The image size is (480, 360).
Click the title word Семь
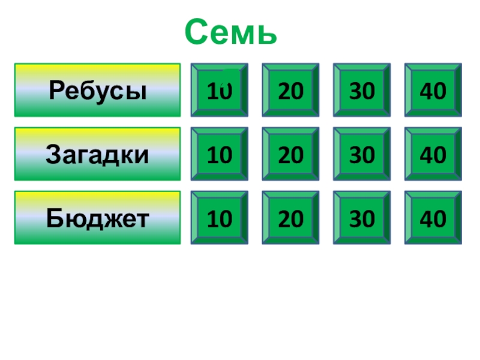point(231,33)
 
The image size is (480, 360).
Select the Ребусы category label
point(97,90)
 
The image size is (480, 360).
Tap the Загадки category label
point(97,154)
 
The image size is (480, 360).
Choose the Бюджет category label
point(97,218)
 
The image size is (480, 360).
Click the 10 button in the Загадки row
point(220,154)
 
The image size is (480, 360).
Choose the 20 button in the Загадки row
point(291,154)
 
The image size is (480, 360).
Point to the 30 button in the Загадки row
point(362,154)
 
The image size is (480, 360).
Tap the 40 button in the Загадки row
point(433,154)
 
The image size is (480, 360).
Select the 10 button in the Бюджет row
point(220,218)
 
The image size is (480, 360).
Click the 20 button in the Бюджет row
point(291,218)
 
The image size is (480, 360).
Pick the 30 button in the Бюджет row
point(362,218)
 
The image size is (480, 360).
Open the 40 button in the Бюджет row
point(433,218)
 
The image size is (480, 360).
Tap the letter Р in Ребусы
point(56,91)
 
